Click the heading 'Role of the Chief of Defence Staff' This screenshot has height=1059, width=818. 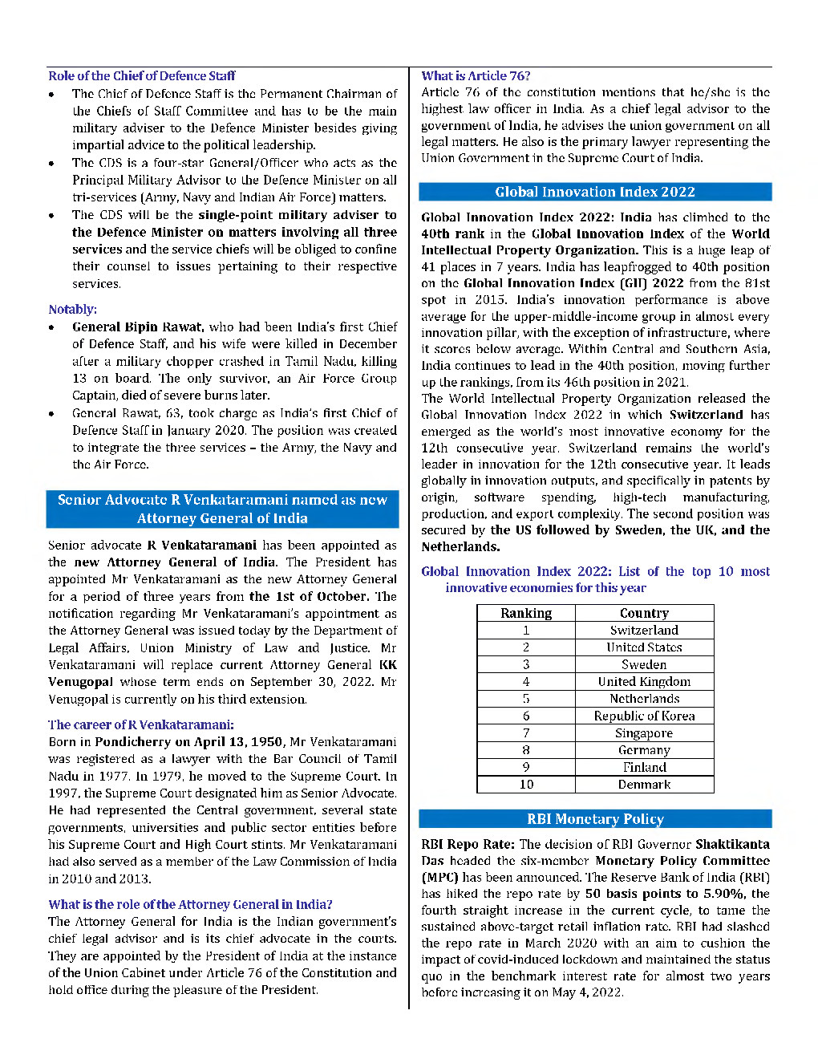[142, 76]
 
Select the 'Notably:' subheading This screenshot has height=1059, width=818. [72, 310]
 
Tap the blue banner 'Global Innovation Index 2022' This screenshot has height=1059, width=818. [594, 192]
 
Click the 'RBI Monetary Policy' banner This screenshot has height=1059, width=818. [594, 819]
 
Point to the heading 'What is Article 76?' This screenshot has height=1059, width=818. [476, 76]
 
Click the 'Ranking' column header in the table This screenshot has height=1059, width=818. [526, 613]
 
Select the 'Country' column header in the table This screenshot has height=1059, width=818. [644, 613]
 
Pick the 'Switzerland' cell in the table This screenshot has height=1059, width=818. [644, 631]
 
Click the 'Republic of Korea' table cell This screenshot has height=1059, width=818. [644, 716]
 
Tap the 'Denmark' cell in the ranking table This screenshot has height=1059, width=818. [644, 785]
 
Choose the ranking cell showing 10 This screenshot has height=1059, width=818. [526, 785]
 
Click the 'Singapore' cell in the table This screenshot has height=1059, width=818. [644, 733]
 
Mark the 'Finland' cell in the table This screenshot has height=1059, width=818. [644, 768]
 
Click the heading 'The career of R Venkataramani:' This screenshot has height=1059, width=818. [141, 724]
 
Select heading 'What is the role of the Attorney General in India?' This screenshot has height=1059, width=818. [190, 904]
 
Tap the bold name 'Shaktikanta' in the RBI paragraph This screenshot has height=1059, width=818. [732, 844]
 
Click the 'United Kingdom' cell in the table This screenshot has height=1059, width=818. [644, 682]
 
